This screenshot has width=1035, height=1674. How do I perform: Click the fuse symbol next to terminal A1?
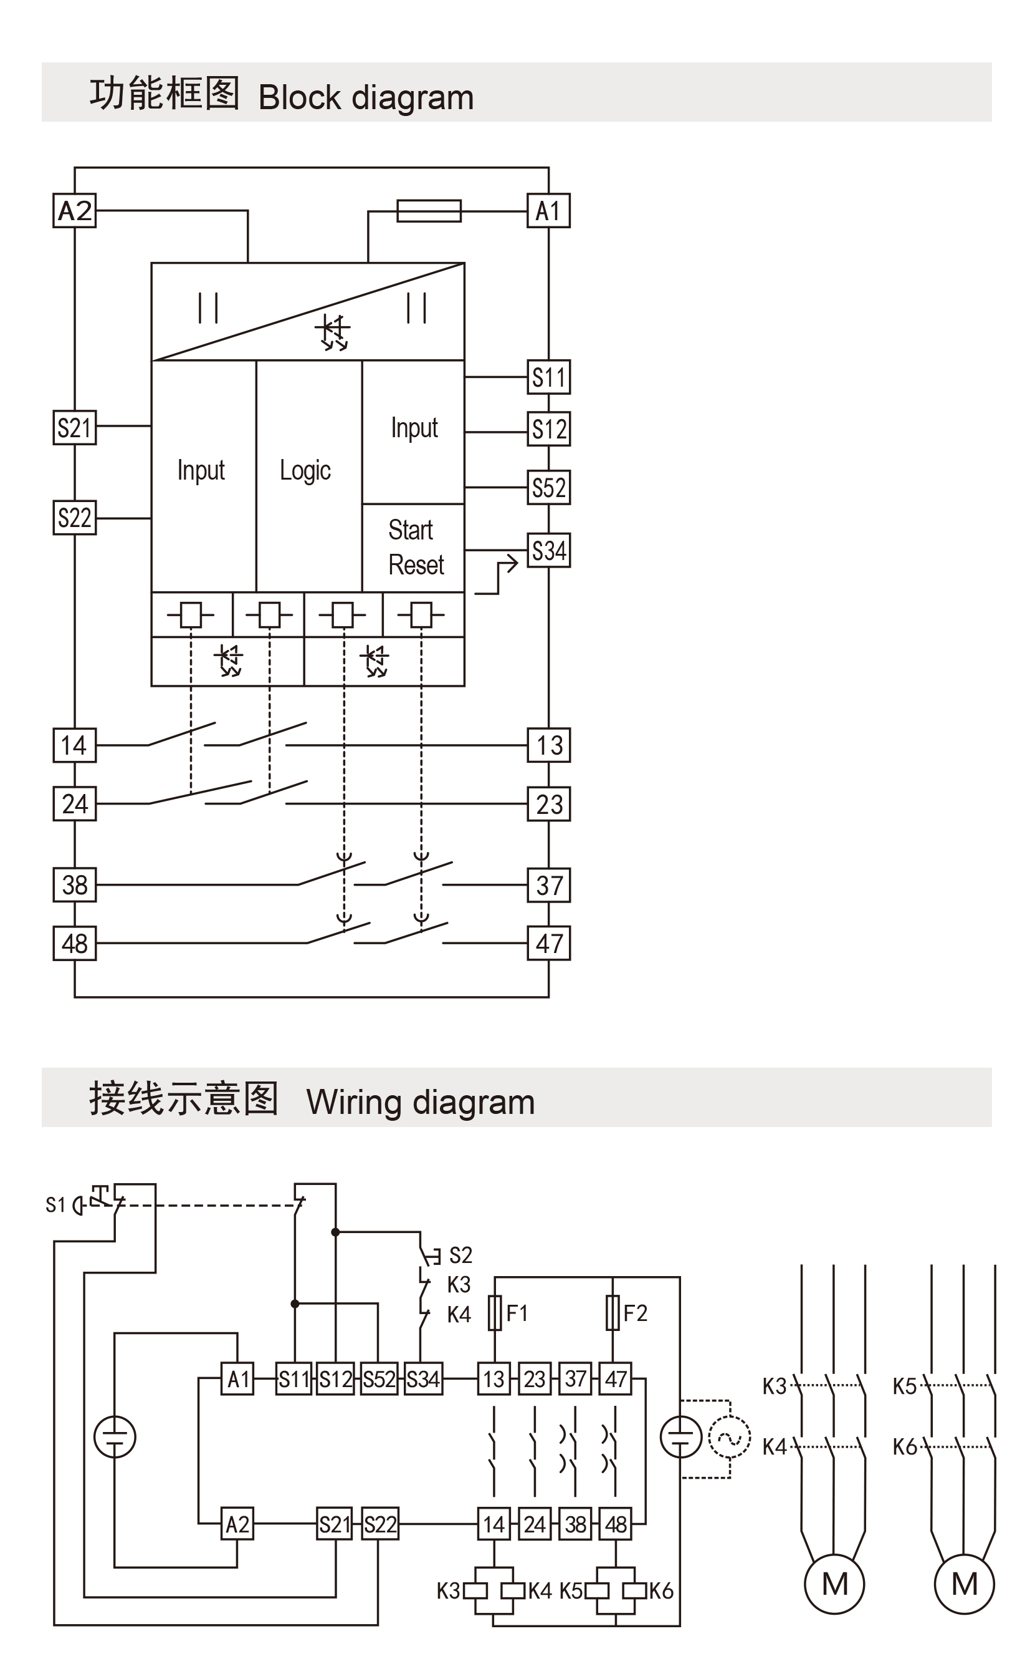429,210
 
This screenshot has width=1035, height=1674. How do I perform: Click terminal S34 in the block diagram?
548,551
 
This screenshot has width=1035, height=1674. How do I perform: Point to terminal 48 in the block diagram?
75,943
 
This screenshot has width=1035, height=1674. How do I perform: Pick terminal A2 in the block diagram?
75,210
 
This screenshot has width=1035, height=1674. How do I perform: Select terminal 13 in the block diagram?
548,745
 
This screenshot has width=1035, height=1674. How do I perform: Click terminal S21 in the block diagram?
75,427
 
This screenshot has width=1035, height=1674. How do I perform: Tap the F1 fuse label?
517,1313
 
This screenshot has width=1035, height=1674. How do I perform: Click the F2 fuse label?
634,1313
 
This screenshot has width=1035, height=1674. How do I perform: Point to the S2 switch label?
460,1255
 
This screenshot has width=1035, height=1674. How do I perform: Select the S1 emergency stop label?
55,1205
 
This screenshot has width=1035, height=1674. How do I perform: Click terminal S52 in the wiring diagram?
379,1379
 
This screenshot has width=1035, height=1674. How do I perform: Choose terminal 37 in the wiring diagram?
576,1379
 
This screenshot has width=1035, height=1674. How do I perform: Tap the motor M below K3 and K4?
834,1584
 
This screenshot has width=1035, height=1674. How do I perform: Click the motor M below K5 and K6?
964,1584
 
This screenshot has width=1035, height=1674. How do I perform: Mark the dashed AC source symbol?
730,1438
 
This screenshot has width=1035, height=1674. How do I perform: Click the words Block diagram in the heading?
366,97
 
